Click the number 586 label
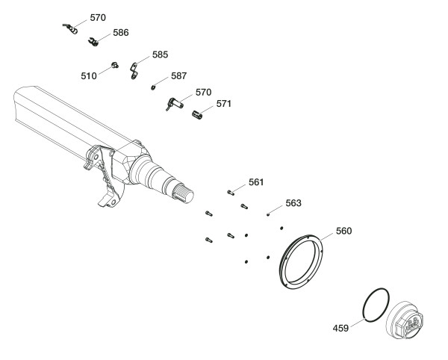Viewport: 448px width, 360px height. tap(120, 33)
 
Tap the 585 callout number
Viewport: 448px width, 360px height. tap(160, 55)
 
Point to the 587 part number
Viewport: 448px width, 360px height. tap(178, 75)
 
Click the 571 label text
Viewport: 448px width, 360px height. tap(224, 104)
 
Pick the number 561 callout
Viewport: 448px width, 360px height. tap(256, 181)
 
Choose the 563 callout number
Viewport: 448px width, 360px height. tap(293, 202)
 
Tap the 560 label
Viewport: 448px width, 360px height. tap(343, 231)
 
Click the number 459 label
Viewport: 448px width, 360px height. tap(341, 327)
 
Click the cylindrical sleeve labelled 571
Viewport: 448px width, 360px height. tap(199, 115)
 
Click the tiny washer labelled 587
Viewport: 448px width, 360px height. tap(154, 87)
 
